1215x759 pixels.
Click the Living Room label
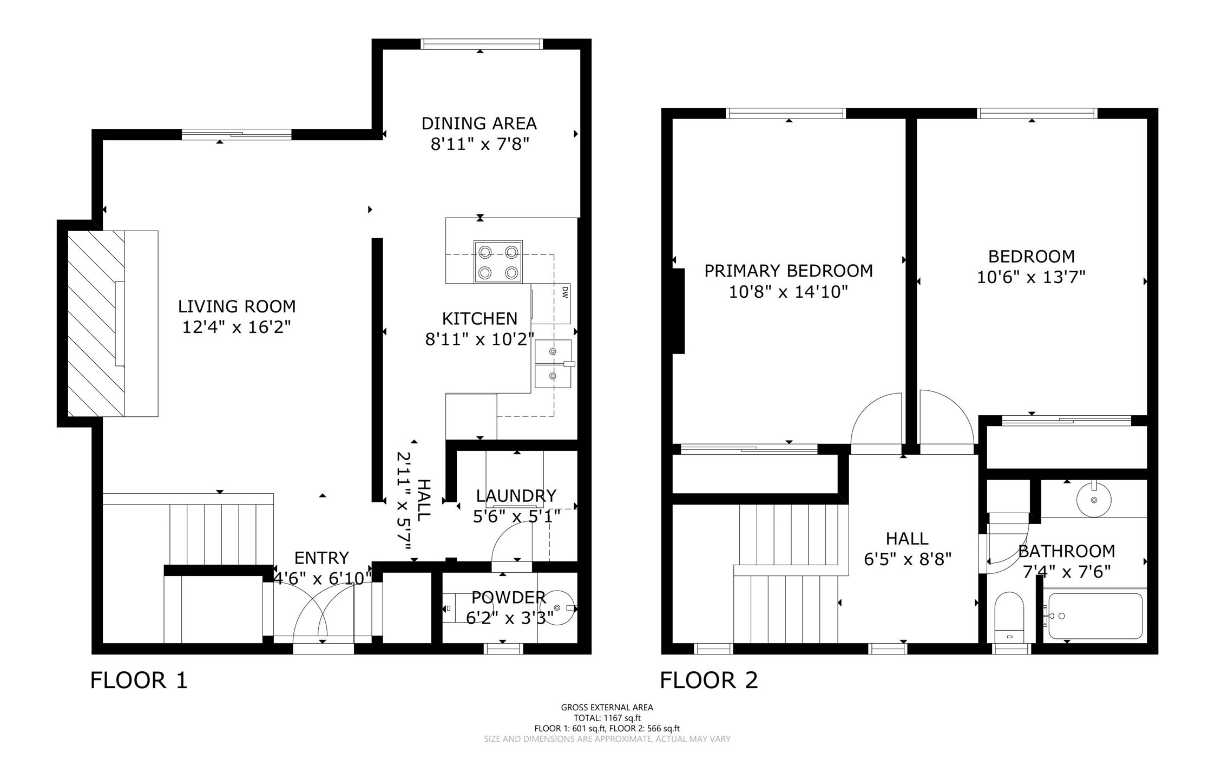237,306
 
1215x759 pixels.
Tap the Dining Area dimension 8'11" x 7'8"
479,145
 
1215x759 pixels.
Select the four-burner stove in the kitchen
498,261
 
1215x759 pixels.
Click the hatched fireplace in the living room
96,324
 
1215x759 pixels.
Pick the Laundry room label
516,496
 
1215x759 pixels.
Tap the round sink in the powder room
557,608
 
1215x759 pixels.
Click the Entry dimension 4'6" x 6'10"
322,579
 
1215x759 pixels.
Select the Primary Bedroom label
789,271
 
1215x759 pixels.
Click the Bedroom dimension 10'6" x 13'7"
1031,277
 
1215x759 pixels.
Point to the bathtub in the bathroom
1095,616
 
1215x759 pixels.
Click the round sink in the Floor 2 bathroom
1094,500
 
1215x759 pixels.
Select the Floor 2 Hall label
907,539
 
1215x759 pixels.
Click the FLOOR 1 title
139,681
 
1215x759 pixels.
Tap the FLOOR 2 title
709,681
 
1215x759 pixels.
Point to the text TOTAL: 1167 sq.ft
607,718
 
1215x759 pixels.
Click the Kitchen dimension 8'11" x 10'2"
480,339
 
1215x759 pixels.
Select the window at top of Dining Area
481,44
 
